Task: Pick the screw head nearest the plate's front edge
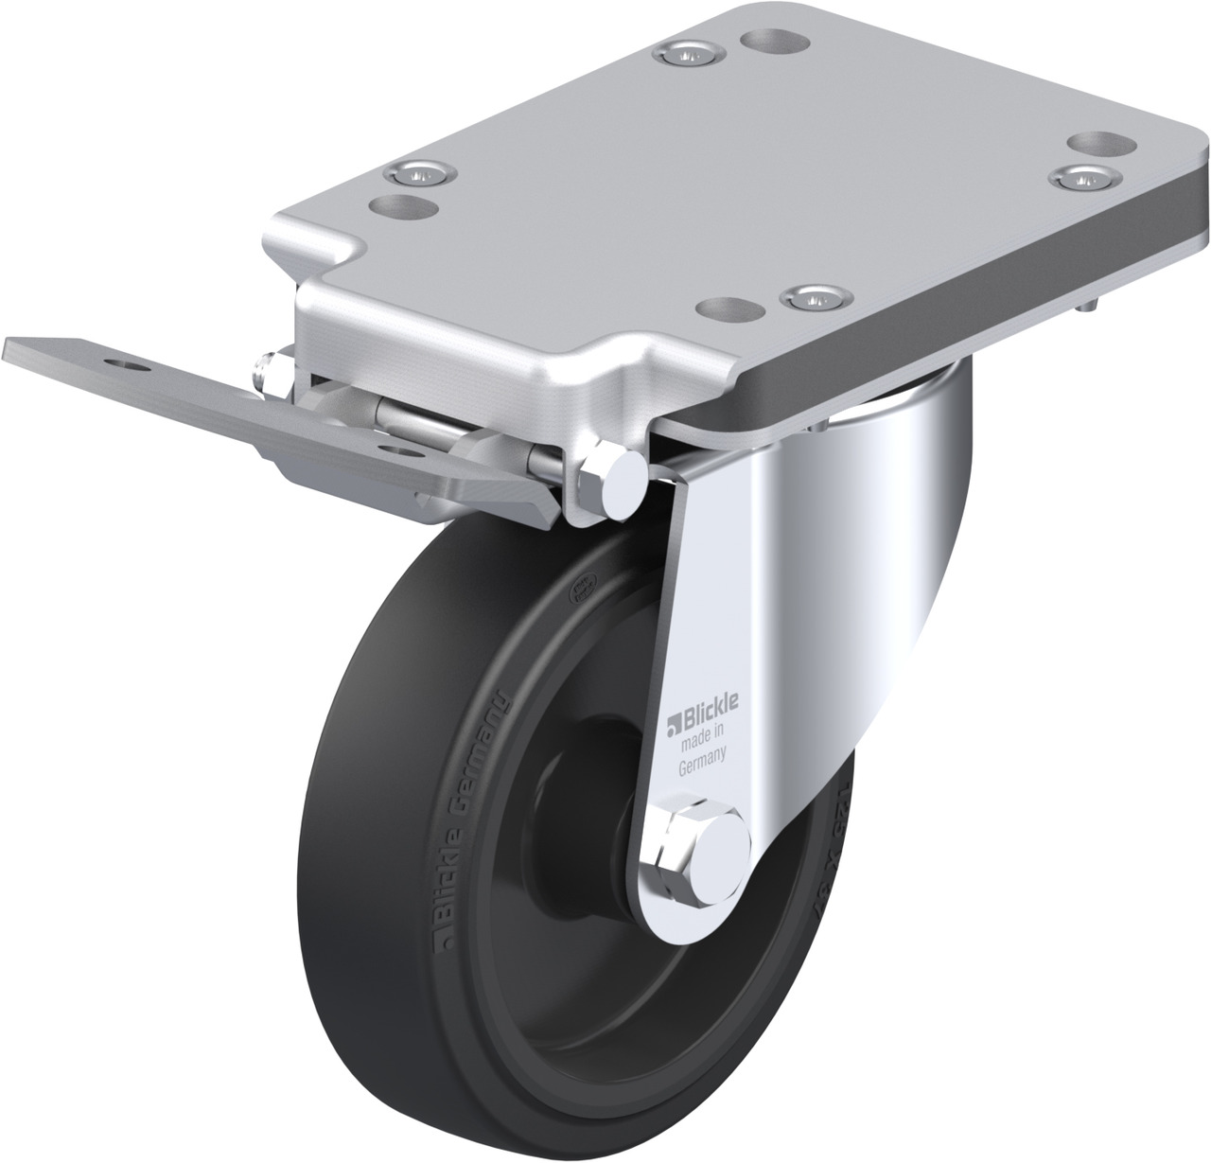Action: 815,297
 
